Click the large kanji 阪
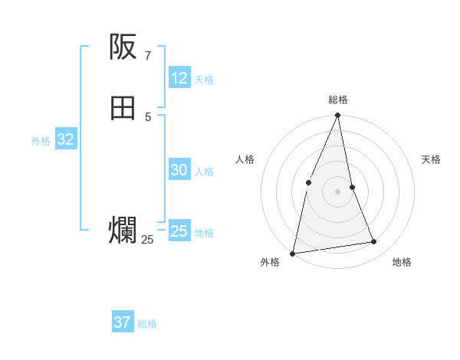click(123, 47)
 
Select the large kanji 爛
click(123, 231)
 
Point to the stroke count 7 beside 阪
click(147, 55)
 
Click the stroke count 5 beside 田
click(147, 116)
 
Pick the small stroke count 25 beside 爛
click(147, 240)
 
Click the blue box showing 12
click(179, 78)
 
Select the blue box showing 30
click(179, 171)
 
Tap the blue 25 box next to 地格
click(179, 231)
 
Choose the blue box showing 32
click(65, 139)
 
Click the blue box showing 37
click(123, 322)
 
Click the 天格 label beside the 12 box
click(204, 80)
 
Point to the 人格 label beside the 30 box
click(204, 172)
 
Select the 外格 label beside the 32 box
click(41, 141)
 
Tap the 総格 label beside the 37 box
click(147, 324)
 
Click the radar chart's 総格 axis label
click(338, 100)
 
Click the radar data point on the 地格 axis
click(374, 242)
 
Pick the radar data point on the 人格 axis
click(308, 182)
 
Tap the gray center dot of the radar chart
click(338, 191)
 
